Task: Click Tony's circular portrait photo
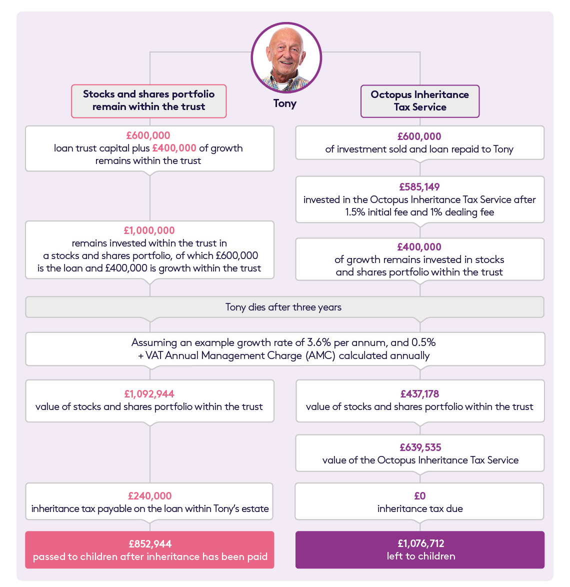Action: click(286, 57)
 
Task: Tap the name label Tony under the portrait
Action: click(285, 103)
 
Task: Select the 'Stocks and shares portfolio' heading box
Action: click(149, 101)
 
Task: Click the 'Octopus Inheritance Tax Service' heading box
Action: click(420, 101)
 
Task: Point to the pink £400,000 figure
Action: click(174, 148)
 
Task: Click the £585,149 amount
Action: click(419, 187)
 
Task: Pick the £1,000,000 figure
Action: click(149, 230)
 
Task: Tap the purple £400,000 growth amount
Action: click(419, 246)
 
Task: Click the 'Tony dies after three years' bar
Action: click(284, 307)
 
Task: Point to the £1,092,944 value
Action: click(149, 394)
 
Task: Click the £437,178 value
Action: click(420, 394)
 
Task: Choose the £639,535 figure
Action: click(420, 447)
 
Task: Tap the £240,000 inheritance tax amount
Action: click(149, 495)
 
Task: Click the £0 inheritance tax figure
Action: click(420, 495)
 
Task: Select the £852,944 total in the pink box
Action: click(150, 543)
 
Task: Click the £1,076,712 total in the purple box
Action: click(421, 543)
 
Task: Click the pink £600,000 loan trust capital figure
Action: click(148, 135)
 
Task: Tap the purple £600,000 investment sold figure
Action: click(419, 136)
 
